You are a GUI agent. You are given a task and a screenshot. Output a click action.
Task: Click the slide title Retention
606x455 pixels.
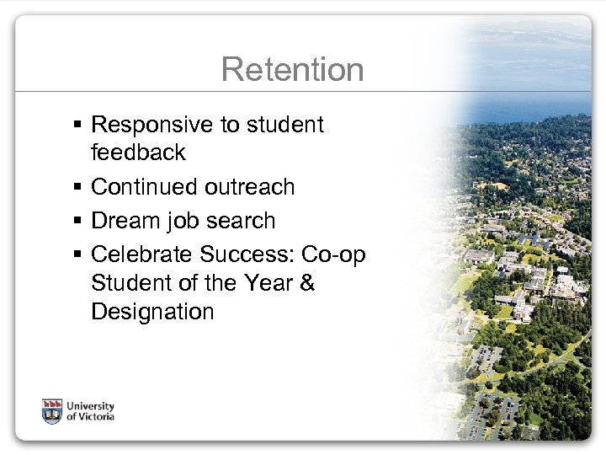[292, 70]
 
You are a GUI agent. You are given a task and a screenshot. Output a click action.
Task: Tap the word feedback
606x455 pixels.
[138, 153]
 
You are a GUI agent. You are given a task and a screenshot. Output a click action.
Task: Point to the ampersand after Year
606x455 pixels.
[306, 282]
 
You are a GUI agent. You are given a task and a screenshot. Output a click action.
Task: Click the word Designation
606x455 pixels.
[152, 312]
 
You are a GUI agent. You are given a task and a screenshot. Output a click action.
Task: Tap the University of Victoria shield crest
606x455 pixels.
[52, 410]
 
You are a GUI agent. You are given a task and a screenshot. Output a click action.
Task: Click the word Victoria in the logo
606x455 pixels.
[94, 416]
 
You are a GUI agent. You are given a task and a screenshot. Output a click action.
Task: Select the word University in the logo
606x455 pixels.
[92, 404]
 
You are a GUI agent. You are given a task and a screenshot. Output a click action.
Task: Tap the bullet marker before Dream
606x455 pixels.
[77, 222]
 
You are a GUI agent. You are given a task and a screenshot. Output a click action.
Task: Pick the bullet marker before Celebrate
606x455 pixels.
[77, 254]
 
